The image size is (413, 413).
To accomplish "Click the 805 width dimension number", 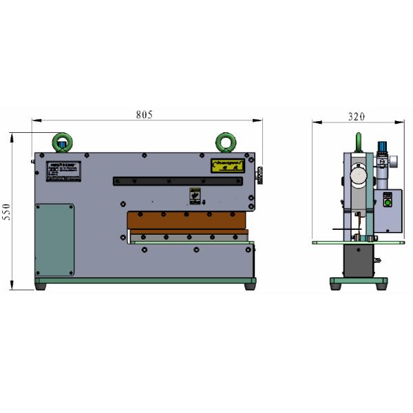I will click(x=144, y=114).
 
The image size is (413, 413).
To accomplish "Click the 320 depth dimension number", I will click(x=356, y=117).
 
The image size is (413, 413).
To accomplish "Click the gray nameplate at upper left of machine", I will click(x=63, y=172).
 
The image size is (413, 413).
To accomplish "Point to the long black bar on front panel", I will click(x=178, y=181).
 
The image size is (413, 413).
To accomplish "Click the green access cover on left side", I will click(x=54, y=239).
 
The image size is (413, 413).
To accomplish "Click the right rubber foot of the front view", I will click(x=248, y=286).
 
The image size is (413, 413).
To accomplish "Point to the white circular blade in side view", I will click(x=357, y=176).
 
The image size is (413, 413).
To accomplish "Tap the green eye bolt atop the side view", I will click(x=357, y=142).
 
